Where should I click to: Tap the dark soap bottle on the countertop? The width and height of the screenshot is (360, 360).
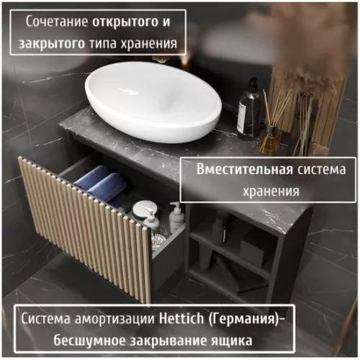249,112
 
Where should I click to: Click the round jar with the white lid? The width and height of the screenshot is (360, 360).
141,210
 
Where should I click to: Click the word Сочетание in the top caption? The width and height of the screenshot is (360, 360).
58,21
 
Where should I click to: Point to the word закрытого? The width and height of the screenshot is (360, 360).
53,45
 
